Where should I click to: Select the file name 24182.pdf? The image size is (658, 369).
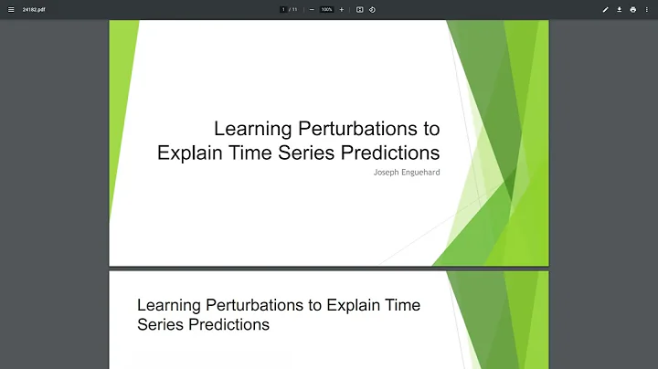35,9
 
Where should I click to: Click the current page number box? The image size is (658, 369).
283,9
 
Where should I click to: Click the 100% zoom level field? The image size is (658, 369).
326,9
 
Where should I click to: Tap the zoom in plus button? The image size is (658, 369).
342,9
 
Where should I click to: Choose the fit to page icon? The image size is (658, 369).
360,9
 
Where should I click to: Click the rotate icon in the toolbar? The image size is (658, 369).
372,9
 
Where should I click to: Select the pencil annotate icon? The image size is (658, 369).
605,9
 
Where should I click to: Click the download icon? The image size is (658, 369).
619,9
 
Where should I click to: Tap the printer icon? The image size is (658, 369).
632,9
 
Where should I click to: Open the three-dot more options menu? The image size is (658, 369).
646,9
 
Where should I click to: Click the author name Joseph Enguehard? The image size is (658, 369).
407,172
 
